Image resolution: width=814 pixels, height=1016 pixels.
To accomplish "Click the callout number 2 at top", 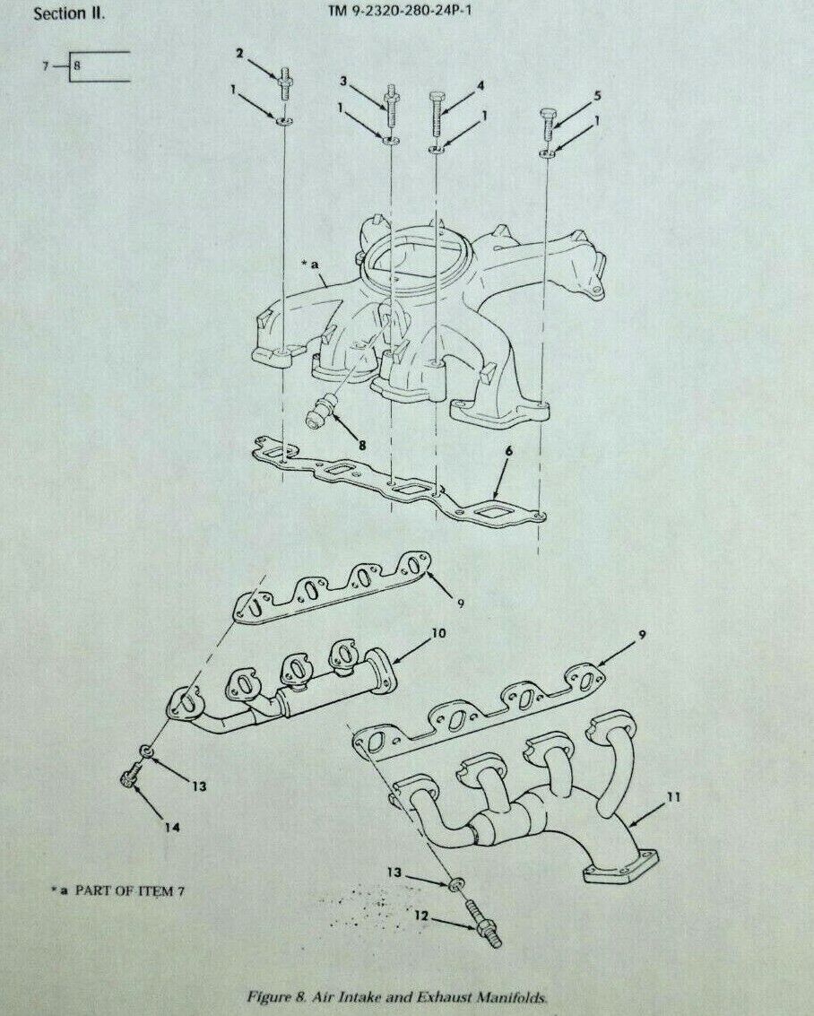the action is coord(239,53).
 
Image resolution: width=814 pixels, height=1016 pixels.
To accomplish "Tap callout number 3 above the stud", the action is coord(344,81).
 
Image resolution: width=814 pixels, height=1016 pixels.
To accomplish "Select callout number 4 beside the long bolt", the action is coord(481,85).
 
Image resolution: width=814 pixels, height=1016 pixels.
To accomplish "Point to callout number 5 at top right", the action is coord(597,95).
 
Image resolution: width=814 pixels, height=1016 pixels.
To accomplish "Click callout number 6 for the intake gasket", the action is coord(509,451).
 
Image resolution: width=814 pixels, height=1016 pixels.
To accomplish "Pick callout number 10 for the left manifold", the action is coord(438,632).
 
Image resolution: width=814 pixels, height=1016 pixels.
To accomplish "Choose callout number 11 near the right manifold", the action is coord(674,796).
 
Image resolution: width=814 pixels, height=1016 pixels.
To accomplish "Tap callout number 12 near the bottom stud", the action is coord(423,915).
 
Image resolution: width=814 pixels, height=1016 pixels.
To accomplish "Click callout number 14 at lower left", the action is coord(171,827).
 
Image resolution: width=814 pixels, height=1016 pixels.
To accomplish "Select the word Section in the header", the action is coord(59,13).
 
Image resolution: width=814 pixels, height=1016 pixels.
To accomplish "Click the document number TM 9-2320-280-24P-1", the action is coord(400,10).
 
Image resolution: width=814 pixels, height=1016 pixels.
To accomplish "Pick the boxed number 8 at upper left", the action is coord(77,66).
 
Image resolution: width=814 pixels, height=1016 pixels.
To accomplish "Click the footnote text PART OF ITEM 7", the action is coord(129,891).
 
